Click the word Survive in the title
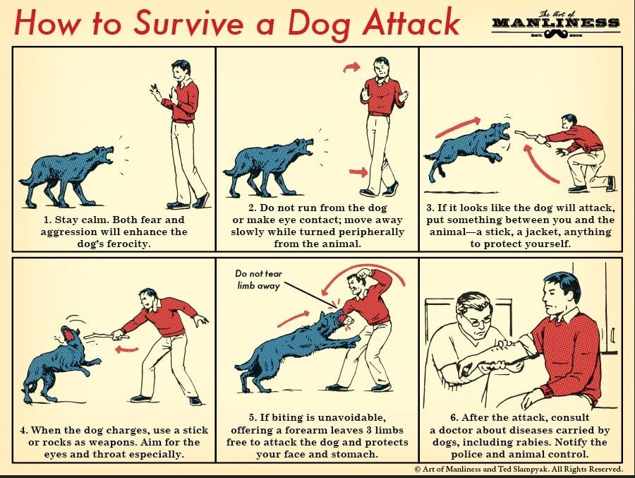pyautogui.click(x=188, y=23)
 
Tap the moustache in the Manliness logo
pyautogui.click(x=557, y=35)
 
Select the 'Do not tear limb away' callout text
pyautogui.click(x=258, y=280)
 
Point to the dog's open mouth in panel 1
pyautogui.click(x=109, y=155)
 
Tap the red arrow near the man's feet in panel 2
pyautogui.click(x=359, y=172)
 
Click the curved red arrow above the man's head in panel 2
pyautogui.click(x=351, y=67)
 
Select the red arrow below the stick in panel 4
pyautogui.click(x=127, y=349)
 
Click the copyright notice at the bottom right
pyautogui.click(x=519, y=469)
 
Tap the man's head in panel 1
pyautogui.click(x=180, y=70)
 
